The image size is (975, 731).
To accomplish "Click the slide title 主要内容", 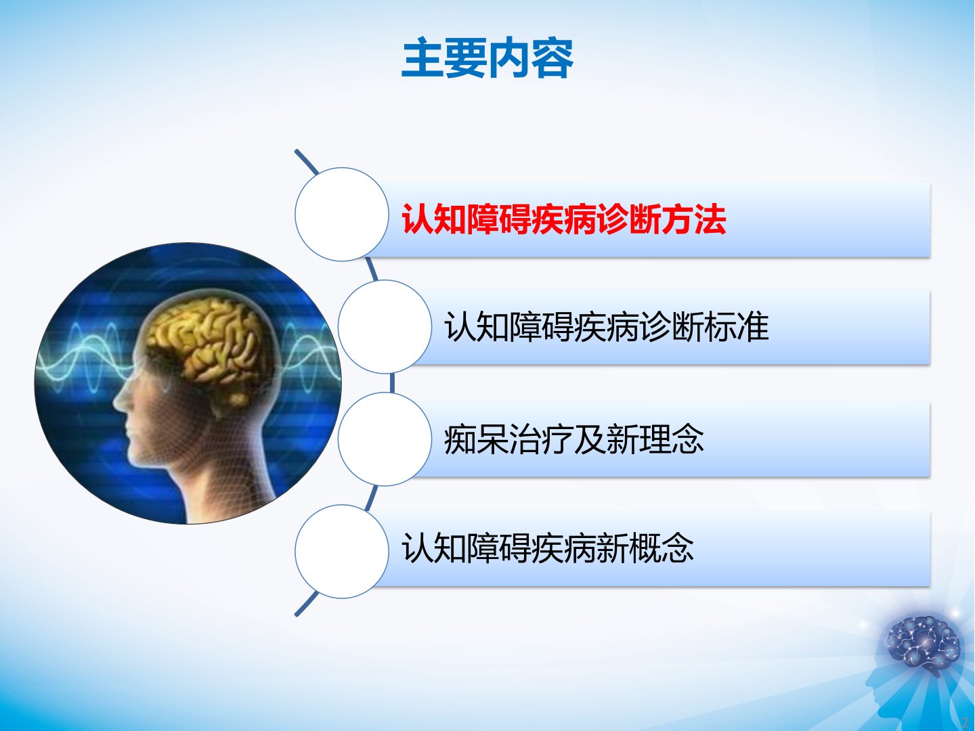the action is [487, 59].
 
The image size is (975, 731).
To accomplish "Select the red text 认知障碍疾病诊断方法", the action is [564, 219].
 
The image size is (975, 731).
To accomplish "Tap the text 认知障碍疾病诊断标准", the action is [606, 327].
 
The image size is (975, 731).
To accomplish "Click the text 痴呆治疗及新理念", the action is [574, 439].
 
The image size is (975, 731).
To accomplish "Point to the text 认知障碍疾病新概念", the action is [547, 548].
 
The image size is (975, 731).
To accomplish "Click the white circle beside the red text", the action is [341, 215].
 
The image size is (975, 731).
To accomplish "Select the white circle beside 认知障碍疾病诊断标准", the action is [385, 327].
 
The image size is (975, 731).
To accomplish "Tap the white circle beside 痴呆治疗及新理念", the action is [385, 439].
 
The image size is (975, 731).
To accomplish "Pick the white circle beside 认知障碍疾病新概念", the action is [341, 551].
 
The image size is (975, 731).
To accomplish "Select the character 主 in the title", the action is [422, 59].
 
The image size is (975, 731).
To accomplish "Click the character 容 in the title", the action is [552, 59].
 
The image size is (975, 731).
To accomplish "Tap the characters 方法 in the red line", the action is [694, 219].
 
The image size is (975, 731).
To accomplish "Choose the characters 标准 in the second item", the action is [737, 327].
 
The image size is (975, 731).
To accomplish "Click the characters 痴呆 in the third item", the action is [477, 439].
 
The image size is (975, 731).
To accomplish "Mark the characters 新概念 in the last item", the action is [645, 548].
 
